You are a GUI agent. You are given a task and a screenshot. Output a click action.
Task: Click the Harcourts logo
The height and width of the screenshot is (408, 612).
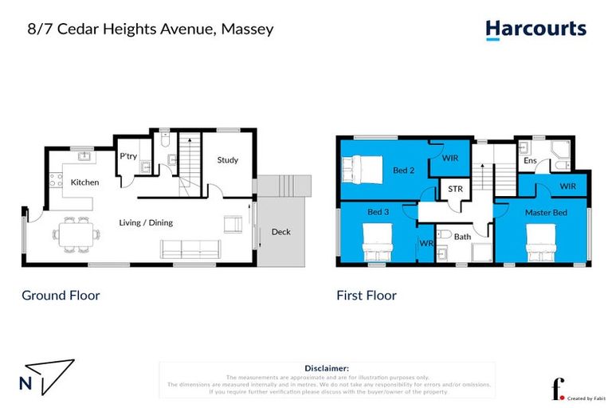pos(535,30)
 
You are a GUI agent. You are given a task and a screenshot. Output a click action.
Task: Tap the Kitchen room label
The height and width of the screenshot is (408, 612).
pos(84,182)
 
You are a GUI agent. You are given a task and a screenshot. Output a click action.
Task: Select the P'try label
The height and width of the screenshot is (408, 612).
pos(128,157)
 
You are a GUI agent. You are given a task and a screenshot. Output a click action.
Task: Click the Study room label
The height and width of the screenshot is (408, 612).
pos(228,160)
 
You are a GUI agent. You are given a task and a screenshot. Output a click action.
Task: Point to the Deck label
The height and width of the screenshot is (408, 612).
pos(280,232)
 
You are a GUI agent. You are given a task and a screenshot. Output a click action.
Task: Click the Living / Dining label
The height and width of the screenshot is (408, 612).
pos(146,222)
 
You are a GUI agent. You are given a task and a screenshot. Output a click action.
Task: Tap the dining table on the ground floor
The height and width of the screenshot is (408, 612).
pos(76,235)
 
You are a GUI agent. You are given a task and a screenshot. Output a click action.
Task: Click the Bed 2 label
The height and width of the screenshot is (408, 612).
pos(403,171)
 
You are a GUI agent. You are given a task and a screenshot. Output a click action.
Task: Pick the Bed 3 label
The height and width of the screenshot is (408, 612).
pos(379,213)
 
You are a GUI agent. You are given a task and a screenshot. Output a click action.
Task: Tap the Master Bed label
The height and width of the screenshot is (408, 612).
pos(546,213)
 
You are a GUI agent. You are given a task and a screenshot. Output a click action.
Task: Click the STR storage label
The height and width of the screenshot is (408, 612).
pos(455,190)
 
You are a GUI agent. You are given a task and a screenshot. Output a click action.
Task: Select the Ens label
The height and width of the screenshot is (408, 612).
pos(529,161)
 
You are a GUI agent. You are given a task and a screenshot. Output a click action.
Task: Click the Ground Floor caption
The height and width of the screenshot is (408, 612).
pos(61,296)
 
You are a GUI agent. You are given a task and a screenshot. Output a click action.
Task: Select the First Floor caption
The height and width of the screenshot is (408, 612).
pos(366,296)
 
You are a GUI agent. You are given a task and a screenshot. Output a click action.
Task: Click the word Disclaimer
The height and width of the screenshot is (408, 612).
pos(327,368)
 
